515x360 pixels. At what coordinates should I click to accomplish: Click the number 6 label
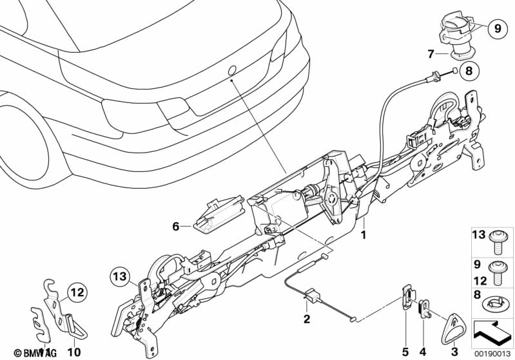coord(175,226)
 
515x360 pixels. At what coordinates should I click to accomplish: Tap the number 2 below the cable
coord(307,319)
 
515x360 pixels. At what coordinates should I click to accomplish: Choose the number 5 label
coord(405,352)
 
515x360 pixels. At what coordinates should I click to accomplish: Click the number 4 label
coord(423,352)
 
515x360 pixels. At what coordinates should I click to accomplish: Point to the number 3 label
coord(454,352)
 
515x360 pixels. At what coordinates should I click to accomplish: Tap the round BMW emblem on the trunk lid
coord(231,70)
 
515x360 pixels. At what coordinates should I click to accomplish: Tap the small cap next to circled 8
coord(454,71)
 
